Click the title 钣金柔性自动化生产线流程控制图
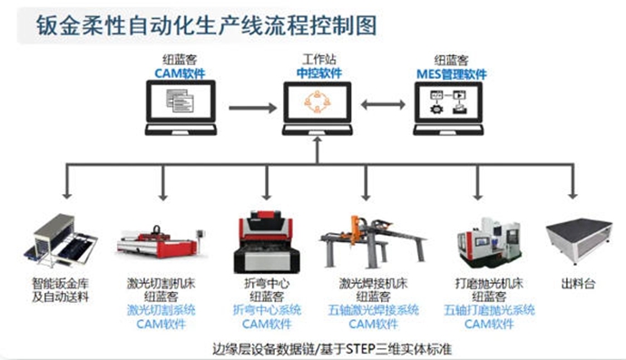pyautogui.click(x=207, y=25)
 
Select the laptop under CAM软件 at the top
pyautogui.click(x=181, y=108)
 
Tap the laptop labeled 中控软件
pyautogui.click(x=318, y=109)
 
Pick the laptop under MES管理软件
pyautogui.click(x=448, y=109)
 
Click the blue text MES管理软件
pyautogui.click(x=452, y=74)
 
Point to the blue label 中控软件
pyautogui.click(x=319, y=73)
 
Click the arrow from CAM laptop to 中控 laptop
pyautogui.click(x=253, y=108)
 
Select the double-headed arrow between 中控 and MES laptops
pyautogui.click(x=383, y=104)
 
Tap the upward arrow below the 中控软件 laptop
pyautogui.click(x=318, y=150)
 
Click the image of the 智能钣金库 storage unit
pyautogui.click(x=61, y=240)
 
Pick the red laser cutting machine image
pyautogui.click(x=161, y=242)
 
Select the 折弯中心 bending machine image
pyautogui.click(x=267, y=242)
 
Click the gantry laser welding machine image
pyautogui.click(x=373, y=242)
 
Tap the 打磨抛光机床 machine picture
pyautogui.click(x=489, y=243)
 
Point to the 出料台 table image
pyautogui.click(x=579, y=240)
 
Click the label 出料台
pyautogui.click(x=579, y=284)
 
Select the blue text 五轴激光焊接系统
pyautogui.click(x=373, y=310)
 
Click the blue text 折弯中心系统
pyautogui.click(x=267, y=310)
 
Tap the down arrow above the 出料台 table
pyautogui.click(x=572, y=181)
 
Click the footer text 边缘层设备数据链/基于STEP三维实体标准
pyautogui.click(x=332, y=349)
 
